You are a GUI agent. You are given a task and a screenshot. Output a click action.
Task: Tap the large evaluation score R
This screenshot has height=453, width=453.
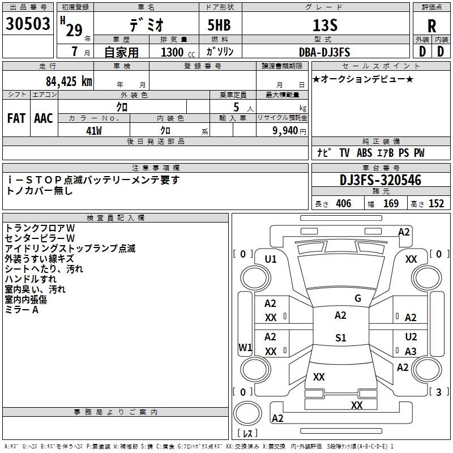(x=431, y=27)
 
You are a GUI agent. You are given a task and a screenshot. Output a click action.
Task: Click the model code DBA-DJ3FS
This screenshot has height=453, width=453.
(x=324, y=52)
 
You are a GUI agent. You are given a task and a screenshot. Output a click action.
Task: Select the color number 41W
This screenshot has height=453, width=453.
(x=93, y=131)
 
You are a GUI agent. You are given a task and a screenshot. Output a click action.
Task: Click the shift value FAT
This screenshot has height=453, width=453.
(x=16, y=118)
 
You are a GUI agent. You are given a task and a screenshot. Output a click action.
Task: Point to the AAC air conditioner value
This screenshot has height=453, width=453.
(x=43, y=118)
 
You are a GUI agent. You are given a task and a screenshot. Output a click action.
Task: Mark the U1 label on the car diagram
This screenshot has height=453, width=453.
(x=271, y=259)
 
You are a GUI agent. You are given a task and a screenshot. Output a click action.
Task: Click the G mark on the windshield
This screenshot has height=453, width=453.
(x=358, y=298)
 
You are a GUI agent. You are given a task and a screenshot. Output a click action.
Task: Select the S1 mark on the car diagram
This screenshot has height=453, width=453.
(x=340, y=338)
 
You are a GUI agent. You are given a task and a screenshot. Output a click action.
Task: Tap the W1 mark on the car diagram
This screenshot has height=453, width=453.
(x=245, y=347)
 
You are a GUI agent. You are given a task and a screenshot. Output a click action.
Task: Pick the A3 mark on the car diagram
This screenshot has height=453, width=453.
(x=411, y=351)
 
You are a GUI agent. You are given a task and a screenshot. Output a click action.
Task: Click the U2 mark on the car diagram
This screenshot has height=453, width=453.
(x=411, y=337)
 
